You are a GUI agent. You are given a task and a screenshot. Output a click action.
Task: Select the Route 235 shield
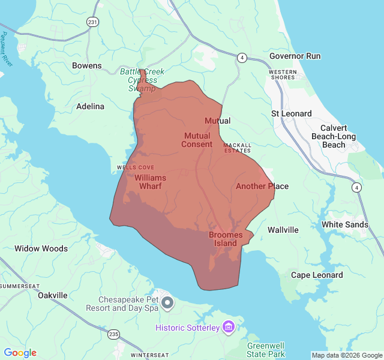coord(115,334)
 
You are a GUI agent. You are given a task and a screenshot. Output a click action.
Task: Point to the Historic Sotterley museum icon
coord(228,327)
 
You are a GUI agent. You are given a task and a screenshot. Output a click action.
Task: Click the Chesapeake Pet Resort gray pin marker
coord(167,303)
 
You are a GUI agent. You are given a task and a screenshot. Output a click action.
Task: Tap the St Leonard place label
coord(292,113)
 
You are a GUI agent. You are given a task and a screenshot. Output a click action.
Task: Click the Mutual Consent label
coord(197,140)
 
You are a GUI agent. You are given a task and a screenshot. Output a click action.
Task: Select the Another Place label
coord(262,186)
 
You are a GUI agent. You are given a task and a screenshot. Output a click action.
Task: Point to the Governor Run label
coord(295,56)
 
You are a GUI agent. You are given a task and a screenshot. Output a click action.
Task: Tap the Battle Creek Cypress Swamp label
coord(142,80)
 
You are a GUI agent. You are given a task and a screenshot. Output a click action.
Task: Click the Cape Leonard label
coord(317,275)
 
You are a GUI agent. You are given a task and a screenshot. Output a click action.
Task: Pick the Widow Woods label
coord(41,248)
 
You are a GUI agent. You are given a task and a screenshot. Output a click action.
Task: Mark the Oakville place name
coord(52,295)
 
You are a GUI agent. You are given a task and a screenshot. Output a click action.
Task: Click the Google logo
coord(20,353)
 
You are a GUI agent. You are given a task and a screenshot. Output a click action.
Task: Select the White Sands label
coord(345,224)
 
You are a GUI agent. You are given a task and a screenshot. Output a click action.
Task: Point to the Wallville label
coord(283,230)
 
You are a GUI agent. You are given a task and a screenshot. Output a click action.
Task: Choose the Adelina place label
coord(90,106)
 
